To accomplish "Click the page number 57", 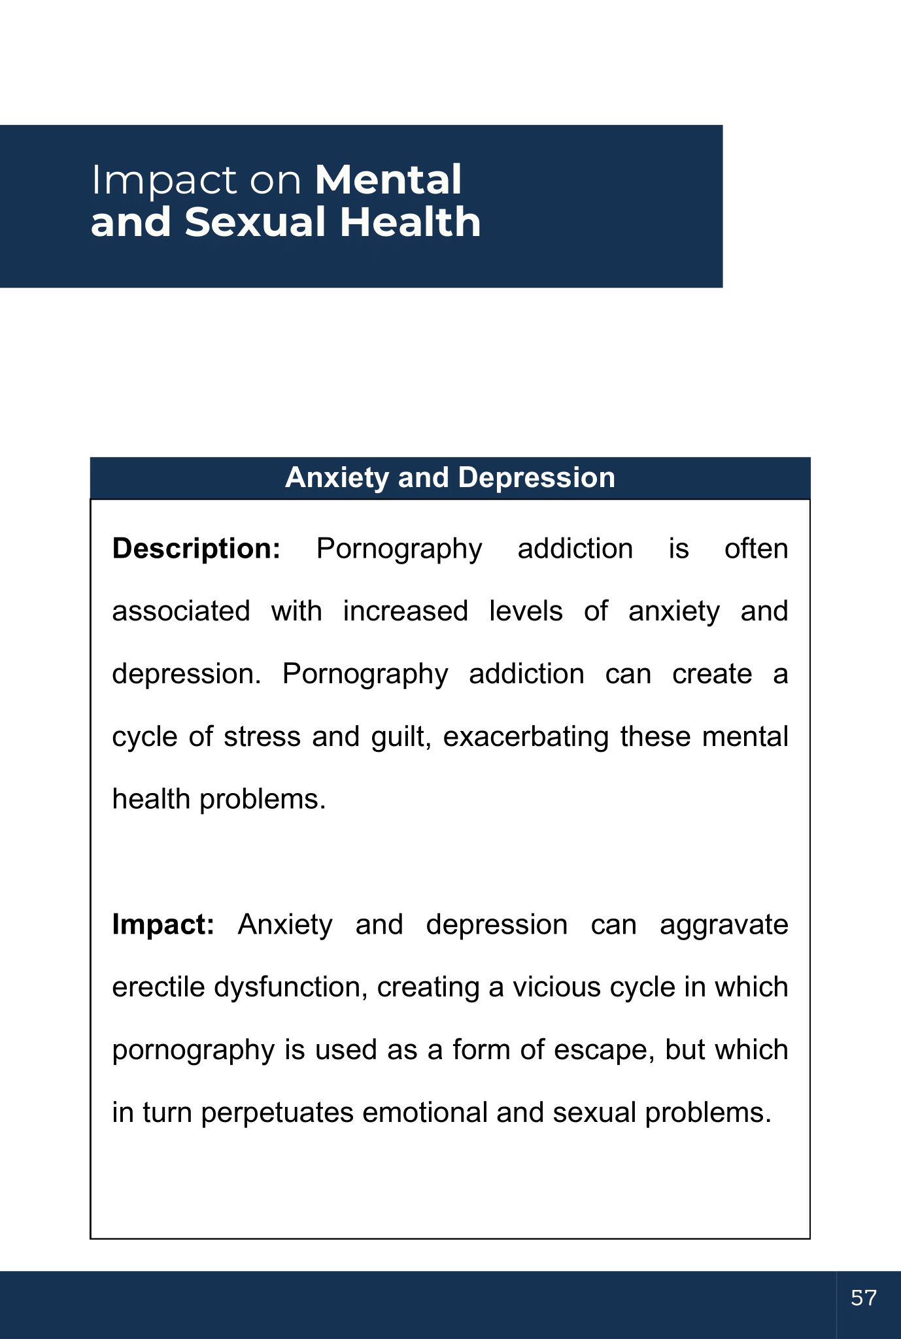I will (863, 1297).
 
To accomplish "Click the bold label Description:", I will (196, 549).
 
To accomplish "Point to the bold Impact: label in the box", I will (163, 924).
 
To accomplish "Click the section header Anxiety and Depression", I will (450, 478).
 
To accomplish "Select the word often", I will (756, 549).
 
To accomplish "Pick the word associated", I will (181, 611).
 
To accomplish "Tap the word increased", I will (405, 611).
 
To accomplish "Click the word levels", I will (526, 611).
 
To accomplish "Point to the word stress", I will (262, 737).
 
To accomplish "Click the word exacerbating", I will (526, 737).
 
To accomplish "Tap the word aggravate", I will (723, 924).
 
